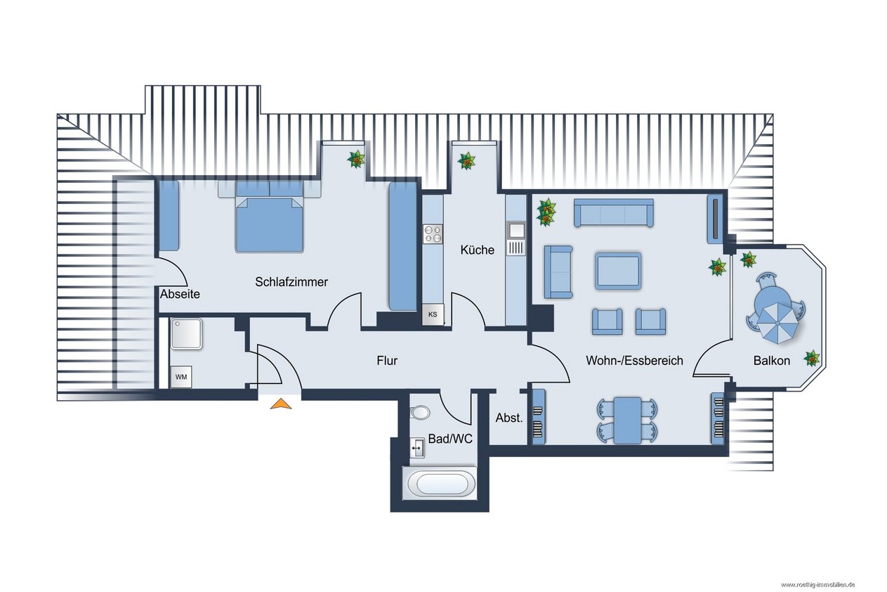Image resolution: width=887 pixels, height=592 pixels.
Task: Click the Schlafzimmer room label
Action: click(291, 282)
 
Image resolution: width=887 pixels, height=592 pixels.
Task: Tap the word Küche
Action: click(477, 250)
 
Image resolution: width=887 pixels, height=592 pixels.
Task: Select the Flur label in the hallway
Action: click(387, 361)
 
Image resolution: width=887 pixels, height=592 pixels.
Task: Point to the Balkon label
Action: click(771, 361)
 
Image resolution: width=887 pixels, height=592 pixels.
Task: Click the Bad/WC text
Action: click(450, 439)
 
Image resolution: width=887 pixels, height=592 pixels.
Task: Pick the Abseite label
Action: click(180, 294)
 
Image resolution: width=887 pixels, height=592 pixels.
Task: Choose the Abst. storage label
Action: click(509, 418)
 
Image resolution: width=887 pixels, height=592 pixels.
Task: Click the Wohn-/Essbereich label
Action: click(634, 361)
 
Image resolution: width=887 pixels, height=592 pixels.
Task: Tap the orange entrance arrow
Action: click(281, 404)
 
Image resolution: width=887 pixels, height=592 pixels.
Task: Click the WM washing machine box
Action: click(181, 377)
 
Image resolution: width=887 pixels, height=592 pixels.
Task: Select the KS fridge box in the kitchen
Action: click(433, 314)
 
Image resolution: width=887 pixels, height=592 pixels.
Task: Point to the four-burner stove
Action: click(433, 234)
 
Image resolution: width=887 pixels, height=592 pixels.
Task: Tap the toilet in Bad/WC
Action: click(419, 413)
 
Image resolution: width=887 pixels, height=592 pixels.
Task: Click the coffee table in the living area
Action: click(618, 271)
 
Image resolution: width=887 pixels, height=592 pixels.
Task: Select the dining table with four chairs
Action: click(627, 420)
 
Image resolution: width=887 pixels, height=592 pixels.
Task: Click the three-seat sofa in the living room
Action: click(613, 213)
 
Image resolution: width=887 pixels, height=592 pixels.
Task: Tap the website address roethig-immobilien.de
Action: click(817, 585)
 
